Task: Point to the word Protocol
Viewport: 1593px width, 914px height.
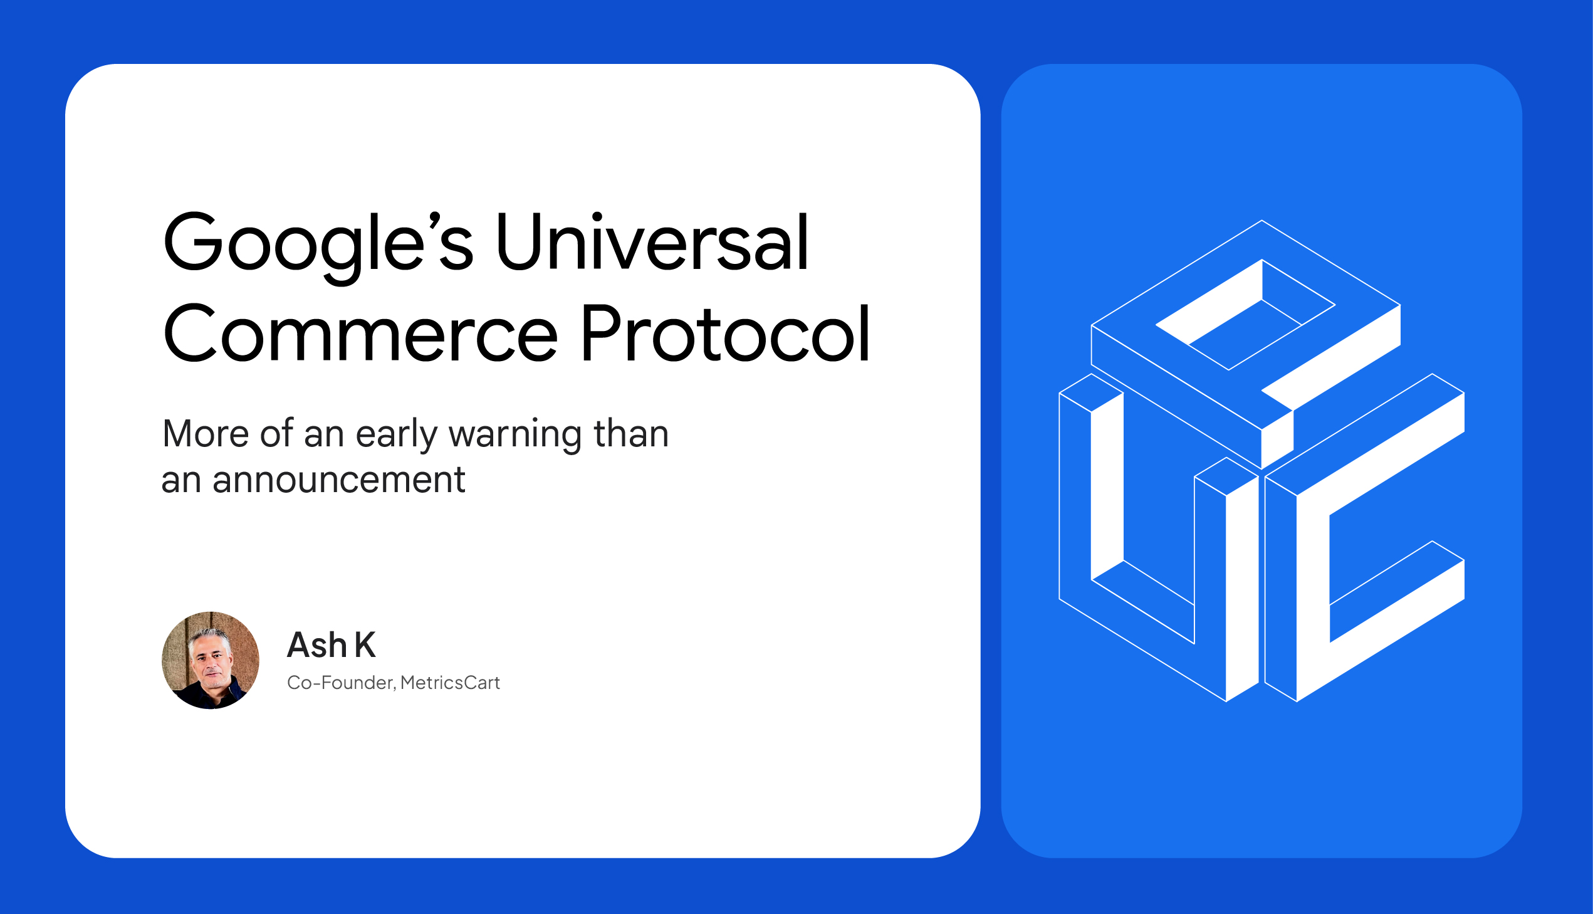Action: point(725,334)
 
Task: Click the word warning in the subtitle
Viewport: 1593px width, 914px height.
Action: point(516,434)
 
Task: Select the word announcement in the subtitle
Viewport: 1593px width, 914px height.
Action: point(339,480)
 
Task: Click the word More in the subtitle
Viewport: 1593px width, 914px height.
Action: point(206,434)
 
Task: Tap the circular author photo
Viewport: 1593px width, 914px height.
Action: point(211,660)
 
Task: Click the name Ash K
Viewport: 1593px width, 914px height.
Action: point(332,644)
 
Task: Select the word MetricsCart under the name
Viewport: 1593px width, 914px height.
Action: point(450,683)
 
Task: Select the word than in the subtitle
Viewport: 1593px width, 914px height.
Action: point(631,434)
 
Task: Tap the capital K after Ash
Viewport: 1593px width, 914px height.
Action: point(365,644)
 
